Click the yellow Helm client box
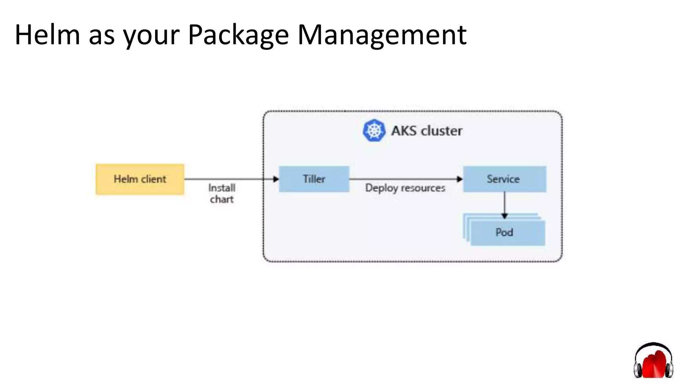[x=140, y=179]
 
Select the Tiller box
[x=314, y=179]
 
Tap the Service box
[x=504, y=179]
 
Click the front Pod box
[x=508, y=233]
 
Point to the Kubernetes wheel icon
[x=374, y=130]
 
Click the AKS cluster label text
[x=427, y=131]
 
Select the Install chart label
[x=222, y=193]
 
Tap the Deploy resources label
[x=405, y=188]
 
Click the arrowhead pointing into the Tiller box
[x=276, y=179]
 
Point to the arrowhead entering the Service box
[x=460, y=179]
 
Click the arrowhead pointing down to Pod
[x=504, y=216]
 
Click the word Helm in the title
[x=47, y=35]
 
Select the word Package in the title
[x=238, y=35]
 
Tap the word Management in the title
[x=382, y=35]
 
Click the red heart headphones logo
[x=653, y=362]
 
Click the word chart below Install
[x=222, y=199]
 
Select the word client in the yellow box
[x=154, y=179]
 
